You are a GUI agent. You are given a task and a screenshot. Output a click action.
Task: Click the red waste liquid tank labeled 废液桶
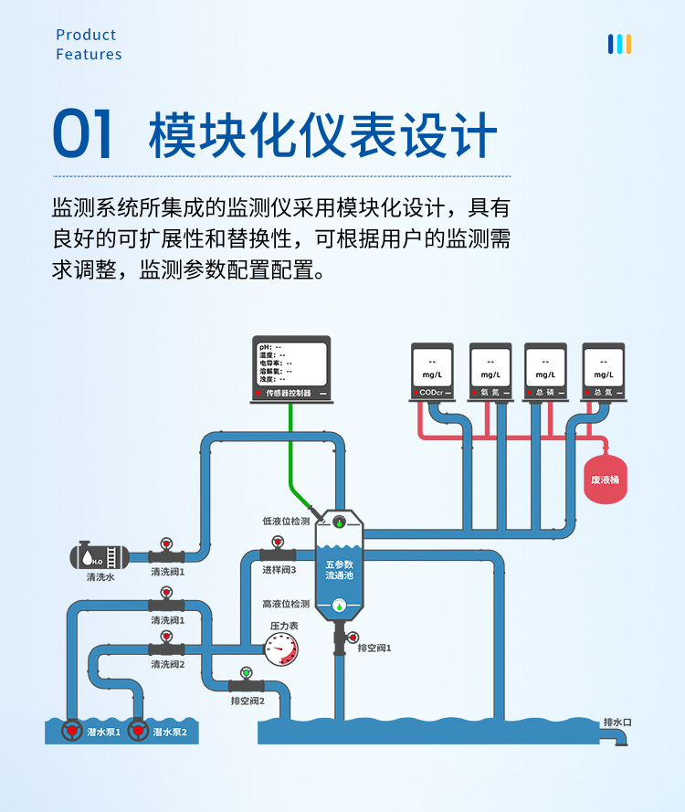tap(606, 479)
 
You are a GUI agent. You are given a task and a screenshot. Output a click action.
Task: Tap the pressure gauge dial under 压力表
tap(281, 649)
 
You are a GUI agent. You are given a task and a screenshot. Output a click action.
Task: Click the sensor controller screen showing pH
tap(291, 364)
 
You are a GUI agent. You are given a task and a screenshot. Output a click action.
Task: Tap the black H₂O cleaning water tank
tap(100, 555)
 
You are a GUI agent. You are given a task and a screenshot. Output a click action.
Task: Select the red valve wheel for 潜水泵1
tap(71, 731)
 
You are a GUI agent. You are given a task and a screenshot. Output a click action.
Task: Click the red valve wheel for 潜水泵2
tap(138, 731)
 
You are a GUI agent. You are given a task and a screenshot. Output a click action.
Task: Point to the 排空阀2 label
tap(248, 701)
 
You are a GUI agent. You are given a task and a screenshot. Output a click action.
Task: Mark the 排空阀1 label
tap(374, 648)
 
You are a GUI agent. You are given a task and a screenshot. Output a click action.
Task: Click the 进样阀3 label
tap(279, 569)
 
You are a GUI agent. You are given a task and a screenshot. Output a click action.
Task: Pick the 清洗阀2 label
tap(168, 664)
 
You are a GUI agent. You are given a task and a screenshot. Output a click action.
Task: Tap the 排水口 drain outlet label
tap(617, 722)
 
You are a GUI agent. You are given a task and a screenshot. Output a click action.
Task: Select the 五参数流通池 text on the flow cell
tap(339, 570)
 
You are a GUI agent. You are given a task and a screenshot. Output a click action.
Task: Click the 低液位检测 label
tap(286, 522)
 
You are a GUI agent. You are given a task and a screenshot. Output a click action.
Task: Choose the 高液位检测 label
tap(286, 604)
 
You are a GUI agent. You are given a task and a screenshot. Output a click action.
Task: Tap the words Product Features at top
tap(88, 45)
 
